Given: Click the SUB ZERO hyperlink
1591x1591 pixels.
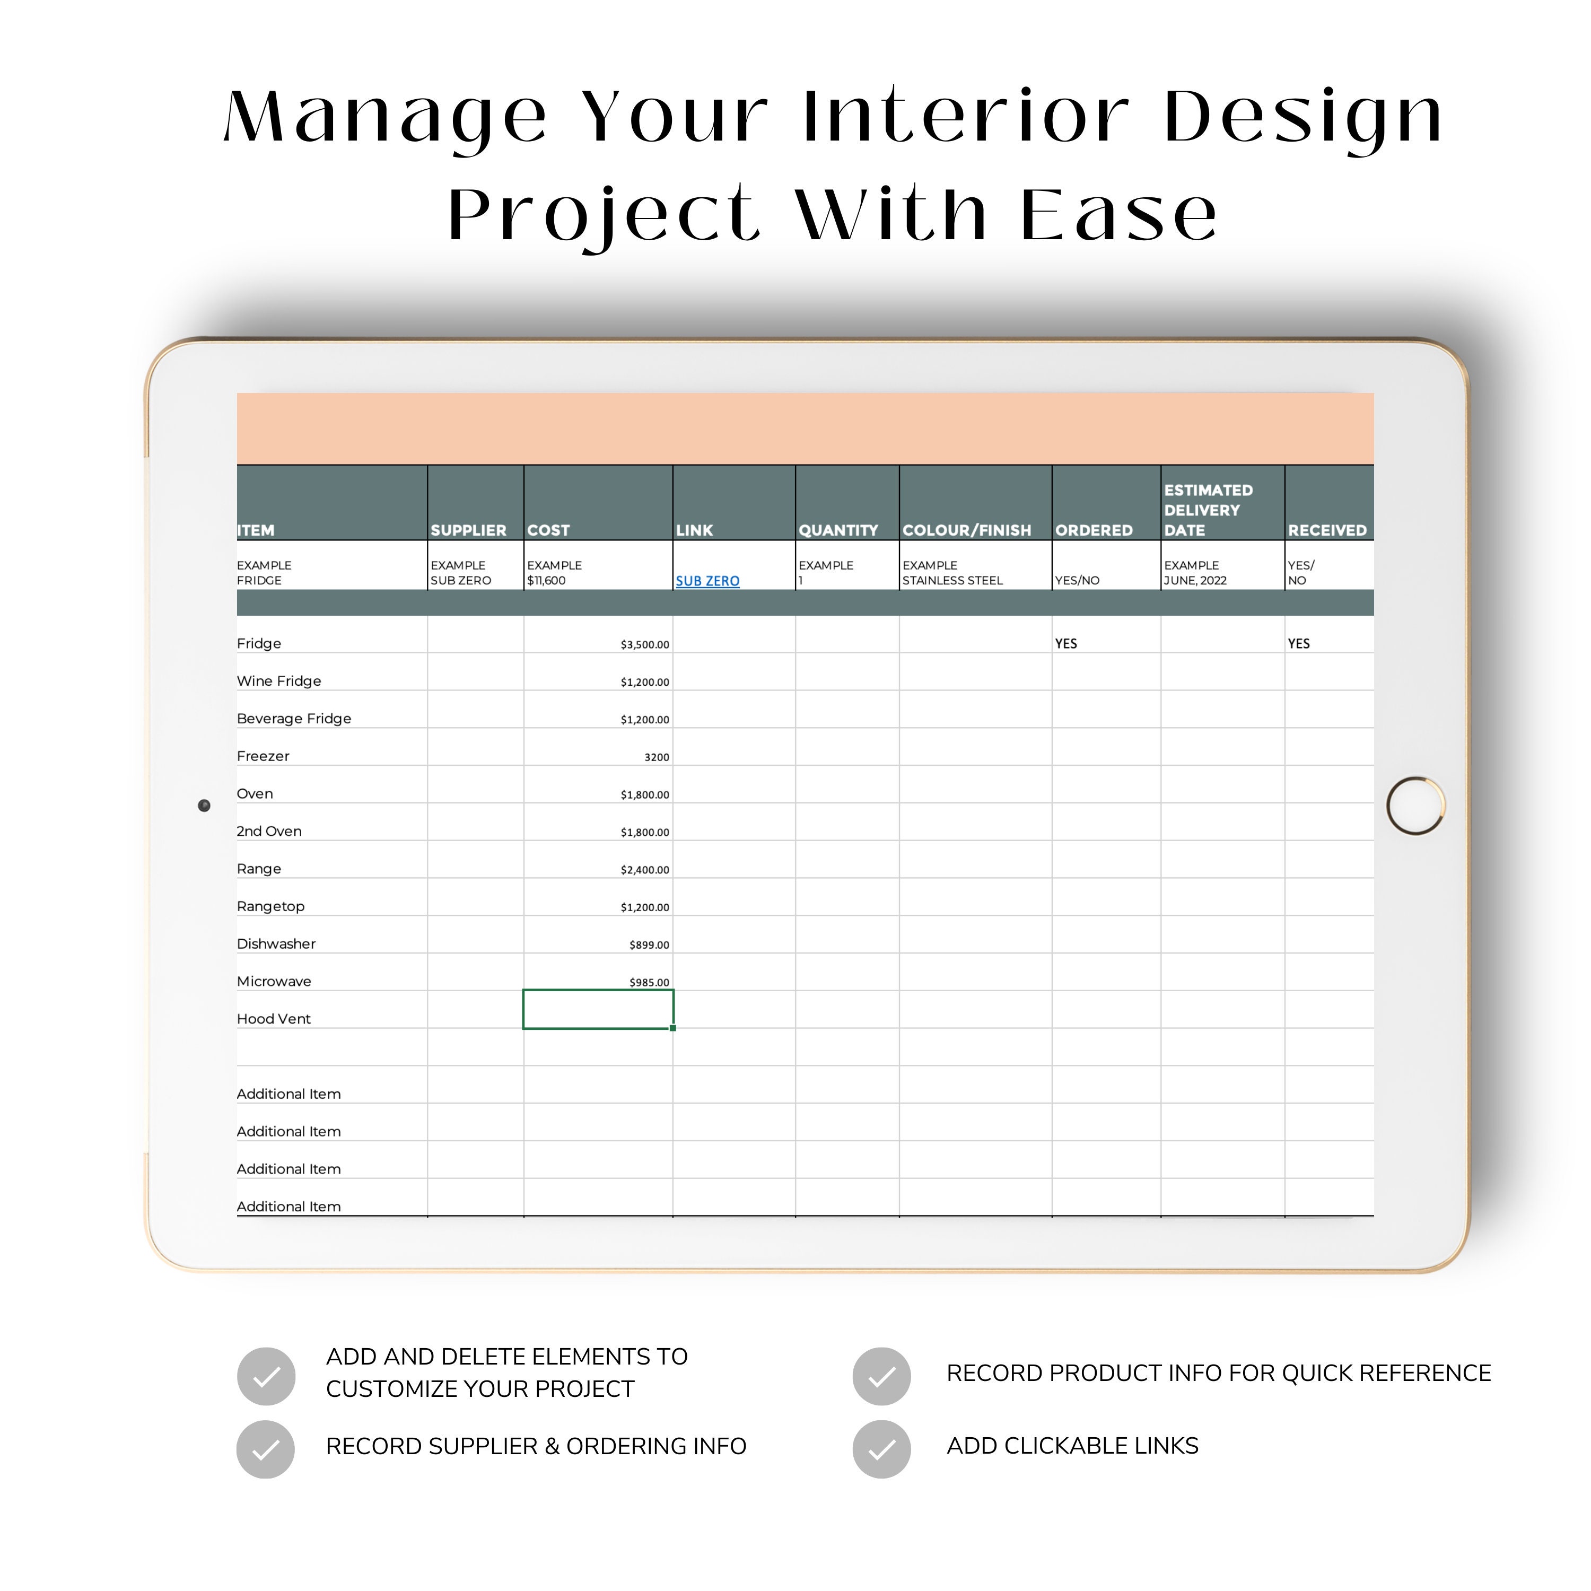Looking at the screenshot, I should coord(707,581).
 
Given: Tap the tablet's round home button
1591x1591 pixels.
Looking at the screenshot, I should coord(1415,806).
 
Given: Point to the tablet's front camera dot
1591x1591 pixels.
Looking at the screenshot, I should coord(204,806).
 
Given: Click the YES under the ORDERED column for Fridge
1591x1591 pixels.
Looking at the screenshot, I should coord(1065,644).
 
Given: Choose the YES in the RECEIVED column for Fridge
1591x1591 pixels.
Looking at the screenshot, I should coord(1299,644).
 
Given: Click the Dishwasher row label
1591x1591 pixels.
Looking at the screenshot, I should coord(276,945).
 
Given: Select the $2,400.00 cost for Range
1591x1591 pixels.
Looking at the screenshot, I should coord(645,870).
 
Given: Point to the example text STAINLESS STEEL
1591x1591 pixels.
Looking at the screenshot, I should coord(953,581).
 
